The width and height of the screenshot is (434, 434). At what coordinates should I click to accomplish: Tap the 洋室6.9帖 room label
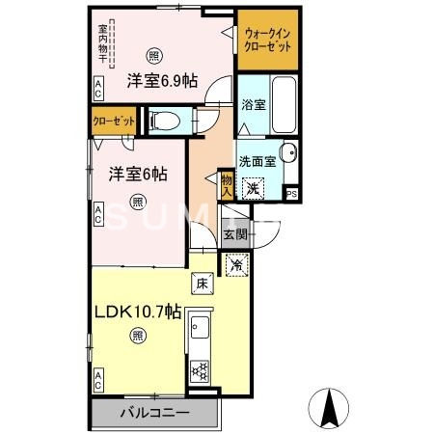click(160, 82)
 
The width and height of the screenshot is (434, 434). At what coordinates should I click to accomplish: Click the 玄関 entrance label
click(236, 233)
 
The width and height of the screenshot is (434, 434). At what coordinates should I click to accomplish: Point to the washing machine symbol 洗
click(252, 189)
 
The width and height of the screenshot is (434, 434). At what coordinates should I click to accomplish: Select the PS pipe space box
click(292, 192)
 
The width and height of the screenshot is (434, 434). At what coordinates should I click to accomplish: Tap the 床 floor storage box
click(201, 284)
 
